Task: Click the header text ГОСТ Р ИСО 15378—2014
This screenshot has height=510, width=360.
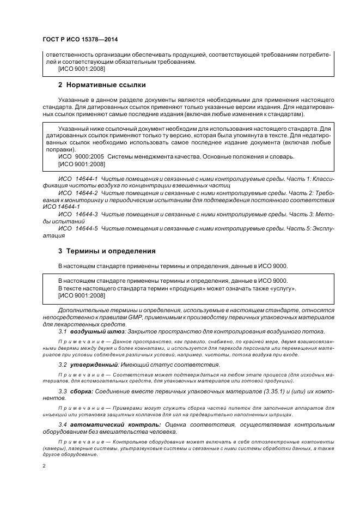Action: pos(80,40)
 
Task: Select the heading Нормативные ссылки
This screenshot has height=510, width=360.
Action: pos(106,85)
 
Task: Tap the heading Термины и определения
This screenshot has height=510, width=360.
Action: pos(111,251)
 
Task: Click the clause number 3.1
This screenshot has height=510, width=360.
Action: pos(63,331)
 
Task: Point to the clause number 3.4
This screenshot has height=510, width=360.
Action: pos(63,424)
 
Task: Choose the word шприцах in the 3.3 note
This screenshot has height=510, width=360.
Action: pos(282,415)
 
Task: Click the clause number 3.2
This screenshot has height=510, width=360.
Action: pos(63,365)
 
